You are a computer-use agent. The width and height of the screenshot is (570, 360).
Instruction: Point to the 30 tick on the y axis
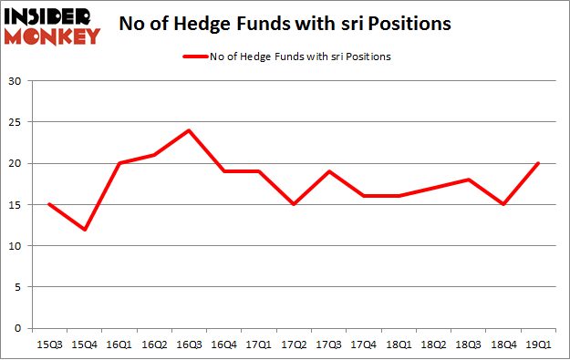(16, 81)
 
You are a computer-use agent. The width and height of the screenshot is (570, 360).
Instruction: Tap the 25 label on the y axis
(16, 122)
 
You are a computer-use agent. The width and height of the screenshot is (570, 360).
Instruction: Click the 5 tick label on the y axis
(18, 287)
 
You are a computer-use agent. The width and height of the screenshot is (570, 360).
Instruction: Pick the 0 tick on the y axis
(18, 328)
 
